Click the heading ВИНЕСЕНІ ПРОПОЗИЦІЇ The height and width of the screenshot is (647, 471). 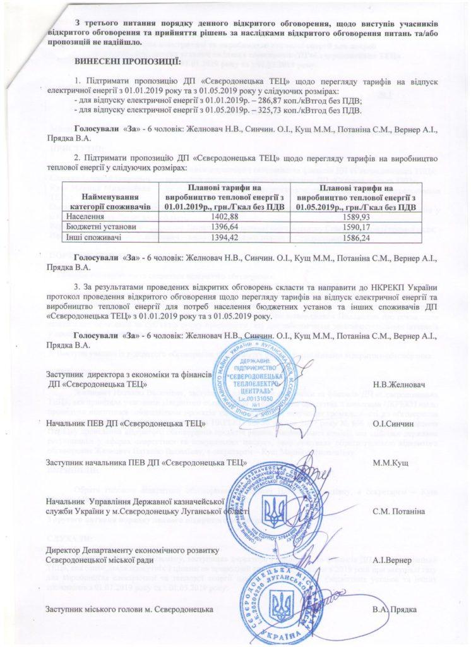128,61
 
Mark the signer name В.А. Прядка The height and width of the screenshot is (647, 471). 394,608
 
